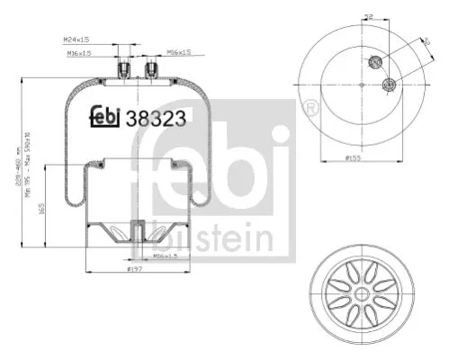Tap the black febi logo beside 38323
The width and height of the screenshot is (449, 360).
[105, 116]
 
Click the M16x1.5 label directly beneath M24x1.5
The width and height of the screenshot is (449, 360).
[78, 52]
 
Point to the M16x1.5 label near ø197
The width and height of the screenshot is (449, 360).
[165, 256]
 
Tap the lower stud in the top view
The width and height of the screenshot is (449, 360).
[389, 85]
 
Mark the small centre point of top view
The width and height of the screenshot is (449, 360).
[361, 85]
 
